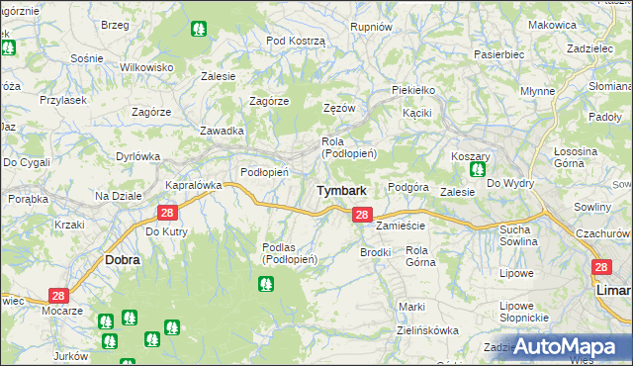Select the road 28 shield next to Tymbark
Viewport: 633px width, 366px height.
point(362,214)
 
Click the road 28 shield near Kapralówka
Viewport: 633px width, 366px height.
point(167,213)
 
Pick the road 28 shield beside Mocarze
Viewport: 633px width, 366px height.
point(58,296)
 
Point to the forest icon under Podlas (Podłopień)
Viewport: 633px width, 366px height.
point(265,285)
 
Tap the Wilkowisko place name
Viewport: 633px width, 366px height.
point(146,66)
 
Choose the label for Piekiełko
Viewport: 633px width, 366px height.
point(413,90)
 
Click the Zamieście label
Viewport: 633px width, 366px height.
point(400,226)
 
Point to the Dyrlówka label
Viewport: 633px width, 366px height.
point(137,155)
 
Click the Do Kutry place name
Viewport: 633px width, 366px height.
point(166,231)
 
